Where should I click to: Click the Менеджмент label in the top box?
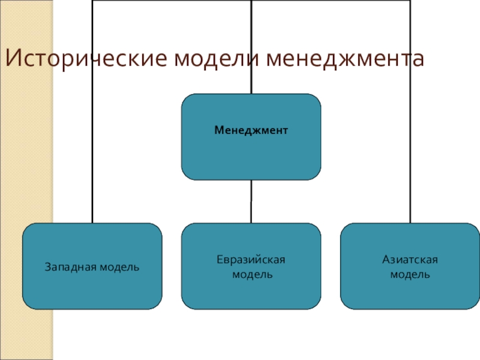tap(251, 130)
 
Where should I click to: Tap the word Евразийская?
tap(251, 259)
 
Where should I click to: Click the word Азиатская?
tap(410, 259)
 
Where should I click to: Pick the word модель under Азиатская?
tap(410, 274)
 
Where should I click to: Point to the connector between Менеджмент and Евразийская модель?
tap(251, 202)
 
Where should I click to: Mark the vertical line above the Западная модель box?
tap(92, 150)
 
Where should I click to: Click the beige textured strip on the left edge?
tap(26, 210)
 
